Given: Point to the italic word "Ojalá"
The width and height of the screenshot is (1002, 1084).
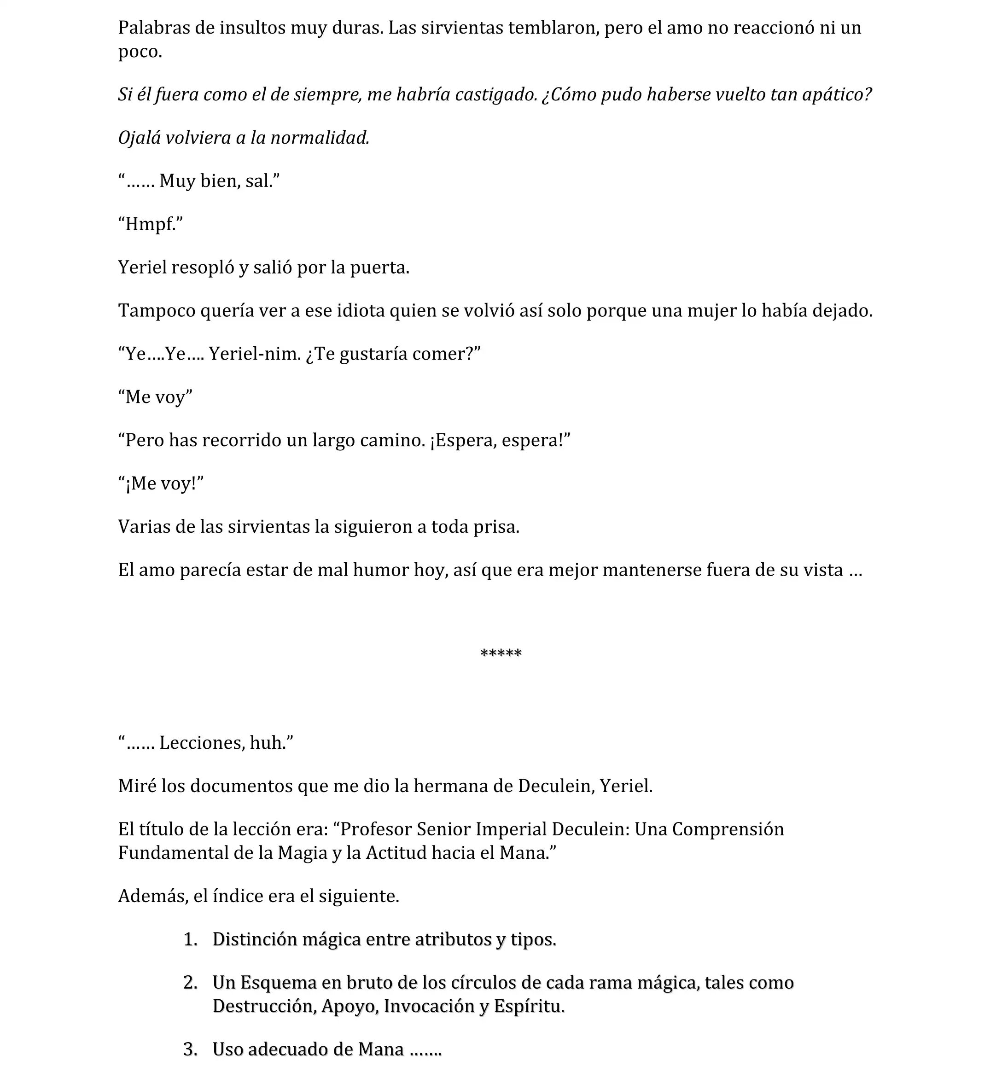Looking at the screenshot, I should click(x=140, y=138).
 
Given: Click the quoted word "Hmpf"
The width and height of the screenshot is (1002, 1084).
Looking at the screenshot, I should click(x=150, y=224).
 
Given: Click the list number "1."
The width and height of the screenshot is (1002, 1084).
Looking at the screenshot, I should click(x=190, y=939).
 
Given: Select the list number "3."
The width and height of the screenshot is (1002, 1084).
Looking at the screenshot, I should click(x=190, y=1049).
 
